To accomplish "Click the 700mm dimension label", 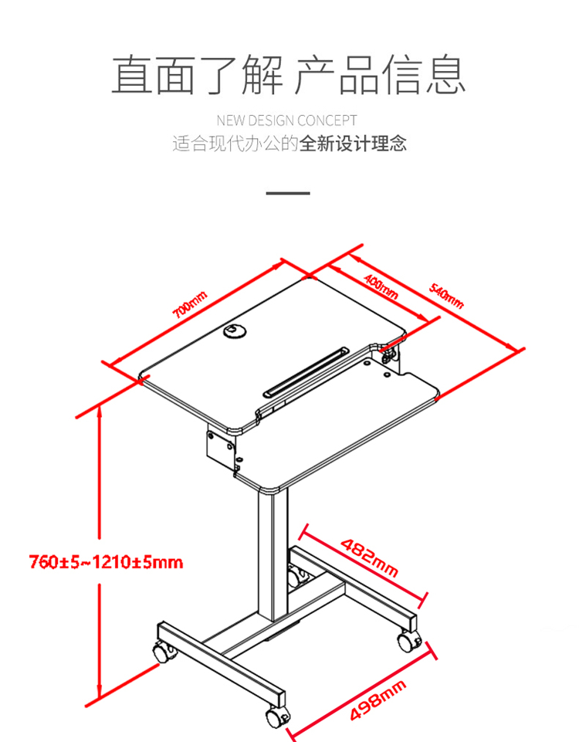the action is (x=190, y=305).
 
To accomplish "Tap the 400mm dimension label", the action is (x=381, y=286).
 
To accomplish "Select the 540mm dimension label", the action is (x=446, y=296).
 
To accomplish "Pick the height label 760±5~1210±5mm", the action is (x=106, y=562).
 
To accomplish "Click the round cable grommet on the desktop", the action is (x=235, y=330).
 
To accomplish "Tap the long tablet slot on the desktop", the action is (x=306, y=372).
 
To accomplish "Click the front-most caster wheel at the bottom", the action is (x=276, y=717).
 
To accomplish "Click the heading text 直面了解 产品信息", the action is (x=288, y=75).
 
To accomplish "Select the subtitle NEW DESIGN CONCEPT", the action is (x=286, y=120).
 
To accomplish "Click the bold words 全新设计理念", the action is (x=352, y=144).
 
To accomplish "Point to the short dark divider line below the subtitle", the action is (x=288, y=193).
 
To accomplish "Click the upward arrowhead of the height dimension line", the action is (x=100, y=412).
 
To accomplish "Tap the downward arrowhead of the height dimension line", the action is (x=100, y=690).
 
